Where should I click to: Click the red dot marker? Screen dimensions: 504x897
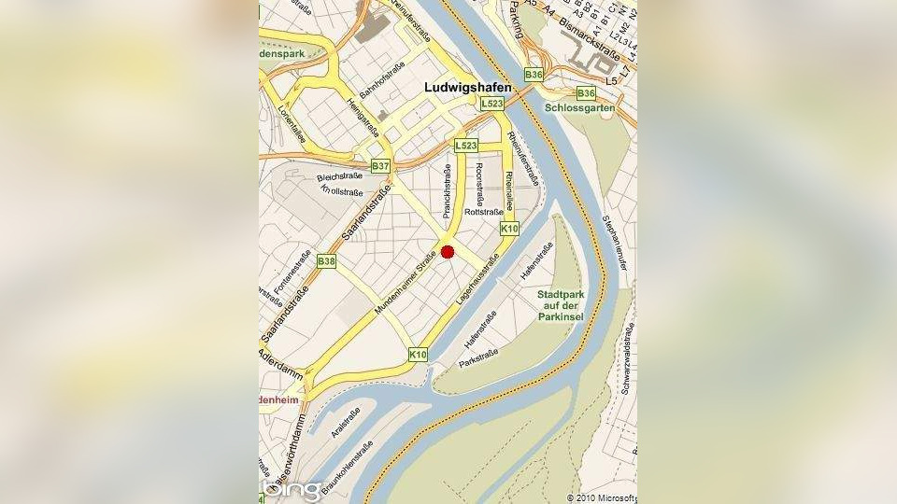448,252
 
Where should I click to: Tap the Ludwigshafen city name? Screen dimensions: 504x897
467,87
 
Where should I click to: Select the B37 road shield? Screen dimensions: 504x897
380,166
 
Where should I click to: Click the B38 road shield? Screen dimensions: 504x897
326,261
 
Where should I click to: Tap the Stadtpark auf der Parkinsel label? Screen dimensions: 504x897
561,305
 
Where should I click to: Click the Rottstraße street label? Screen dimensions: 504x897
483,212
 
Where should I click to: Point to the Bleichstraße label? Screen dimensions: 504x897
338,176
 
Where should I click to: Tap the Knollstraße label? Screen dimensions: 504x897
341,191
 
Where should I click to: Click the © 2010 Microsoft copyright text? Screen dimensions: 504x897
602,497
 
